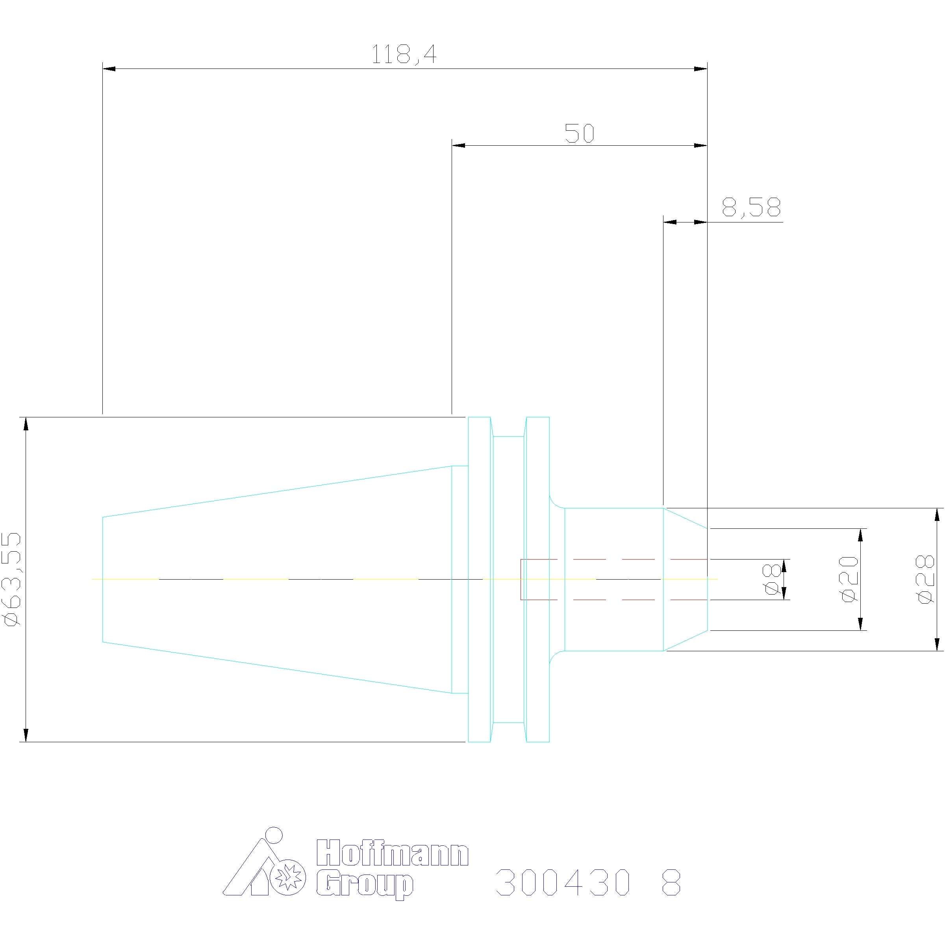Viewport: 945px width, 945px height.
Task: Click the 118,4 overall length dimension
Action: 404,54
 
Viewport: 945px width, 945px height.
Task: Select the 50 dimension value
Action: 580,133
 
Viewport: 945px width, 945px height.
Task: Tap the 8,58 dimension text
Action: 751,208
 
